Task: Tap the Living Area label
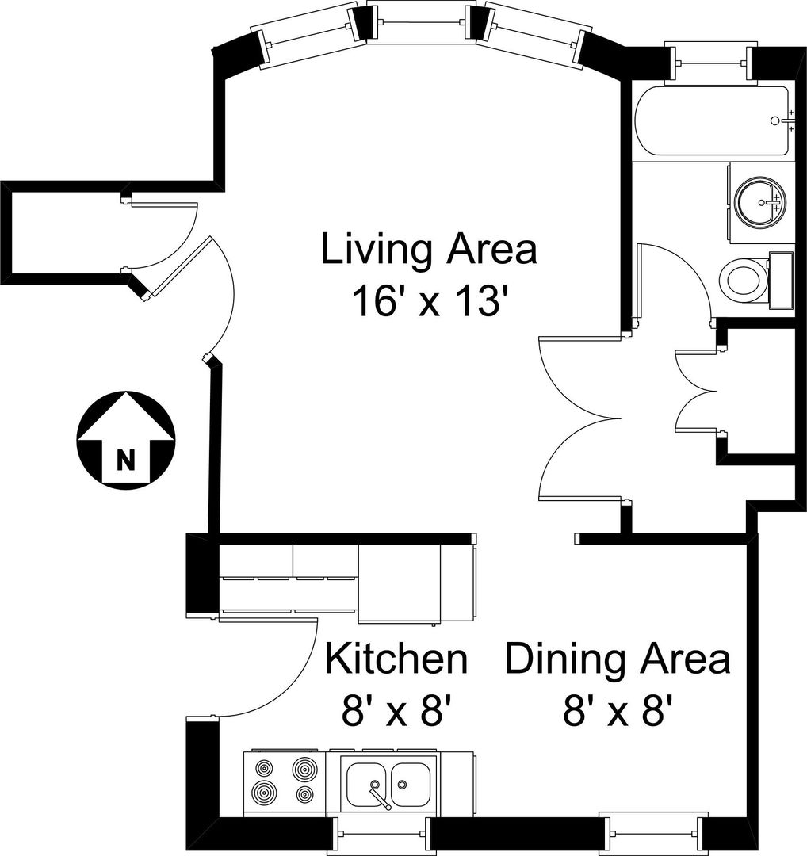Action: (429, 250)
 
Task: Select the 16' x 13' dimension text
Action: (426, 301)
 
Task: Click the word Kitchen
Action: (396, 659)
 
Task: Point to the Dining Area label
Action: (618, 659)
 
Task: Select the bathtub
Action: (711, 120)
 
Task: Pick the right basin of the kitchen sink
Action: (410, 785)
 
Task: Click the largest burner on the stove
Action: (264, 791)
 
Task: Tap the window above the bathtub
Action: (711, 63)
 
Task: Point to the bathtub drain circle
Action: (774, 120)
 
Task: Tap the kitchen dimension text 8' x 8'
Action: (397, 712)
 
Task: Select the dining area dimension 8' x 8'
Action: (618, 711)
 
